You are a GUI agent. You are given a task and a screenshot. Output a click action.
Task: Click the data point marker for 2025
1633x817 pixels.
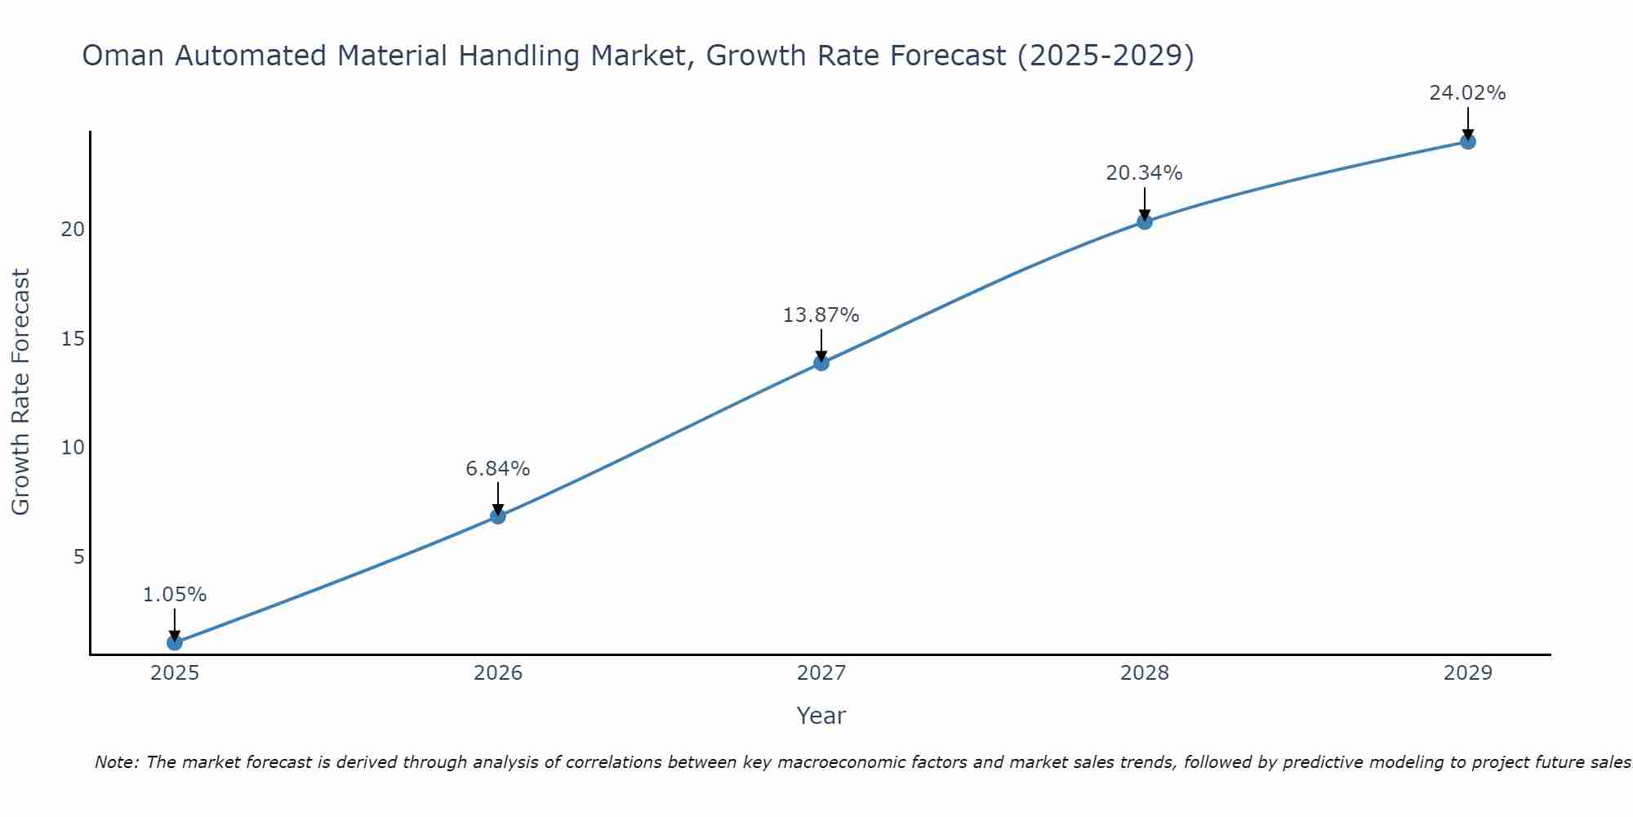point(175,643)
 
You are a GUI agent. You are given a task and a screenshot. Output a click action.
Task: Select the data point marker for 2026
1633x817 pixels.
point(498,516)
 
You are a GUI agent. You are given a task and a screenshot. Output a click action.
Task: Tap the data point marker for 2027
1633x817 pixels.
point(821,363)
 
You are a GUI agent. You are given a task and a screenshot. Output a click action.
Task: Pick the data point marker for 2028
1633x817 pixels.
point(1145,221)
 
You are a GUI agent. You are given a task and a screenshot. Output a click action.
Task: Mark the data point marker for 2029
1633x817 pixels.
point(1468,141)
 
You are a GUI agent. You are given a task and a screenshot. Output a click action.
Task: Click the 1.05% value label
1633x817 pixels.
point(175,595)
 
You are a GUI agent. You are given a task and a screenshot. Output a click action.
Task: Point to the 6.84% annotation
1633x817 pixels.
point(498,469)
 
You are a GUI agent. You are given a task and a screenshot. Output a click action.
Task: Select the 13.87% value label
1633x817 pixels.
point(821,315)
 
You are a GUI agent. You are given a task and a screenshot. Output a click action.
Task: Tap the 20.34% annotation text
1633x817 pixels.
point(1145,173)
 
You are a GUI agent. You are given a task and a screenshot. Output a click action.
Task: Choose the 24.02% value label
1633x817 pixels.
point(1467,93)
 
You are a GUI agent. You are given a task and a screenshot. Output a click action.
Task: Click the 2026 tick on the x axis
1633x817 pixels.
point(498,673)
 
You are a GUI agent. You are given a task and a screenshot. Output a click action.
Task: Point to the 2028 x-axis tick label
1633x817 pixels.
point(1145,673)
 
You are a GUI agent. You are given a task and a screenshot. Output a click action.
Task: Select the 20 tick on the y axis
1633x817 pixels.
point(73,230)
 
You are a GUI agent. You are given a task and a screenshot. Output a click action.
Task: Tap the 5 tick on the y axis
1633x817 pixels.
point(79,557)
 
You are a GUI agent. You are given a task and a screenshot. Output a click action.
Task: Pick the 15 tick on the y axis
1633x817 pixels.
point(73,339)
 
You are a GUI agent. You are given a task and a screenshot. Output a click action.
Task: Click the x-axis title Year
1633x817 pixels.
point(821,716)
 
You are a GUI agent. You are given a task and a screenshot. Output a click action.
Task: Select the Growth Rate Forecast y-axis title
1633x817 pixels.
point(21,392)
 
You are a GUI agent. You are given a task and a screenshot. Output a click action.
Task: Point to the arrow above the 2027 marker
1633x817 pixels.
point(821,346)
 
